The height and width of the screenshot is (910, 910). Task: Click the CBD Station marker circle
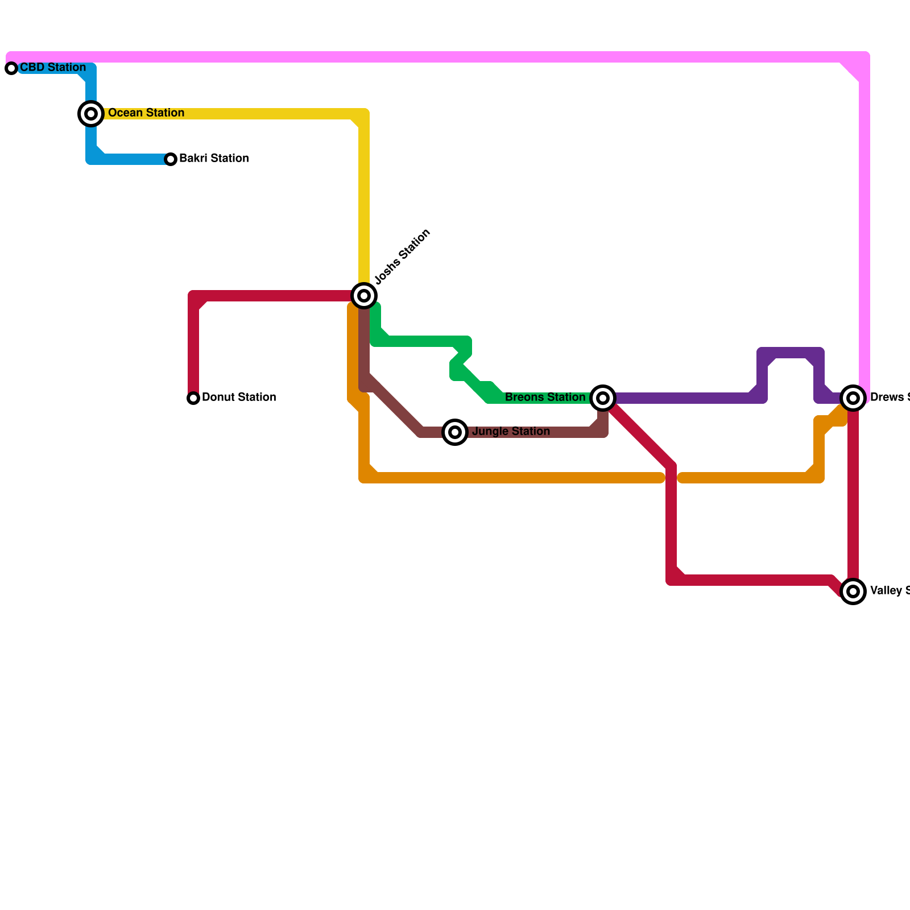11,68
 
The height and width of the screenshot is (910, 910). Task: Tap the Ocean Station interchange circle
91,114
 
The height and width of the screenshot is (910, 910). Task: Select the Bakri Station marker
171,159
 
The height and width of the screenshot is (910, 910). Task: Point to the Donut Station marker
193,398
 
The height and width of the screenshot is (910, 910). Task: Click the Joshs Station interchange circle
364,296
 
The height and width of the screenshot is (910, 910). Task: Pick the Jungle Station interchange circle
455,432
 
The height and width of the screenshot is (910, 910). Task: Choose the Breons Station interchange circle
603,398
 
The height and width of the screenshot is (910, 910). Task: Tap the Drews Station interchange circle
853,398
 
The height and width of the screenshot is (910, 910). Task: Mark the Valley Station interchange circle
853,591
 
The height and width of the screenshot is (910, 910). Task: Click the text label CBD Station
53,68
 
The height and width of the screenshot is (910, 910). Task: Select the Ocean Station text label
146,113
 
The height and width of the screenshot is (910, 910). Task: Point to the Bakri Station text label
214,159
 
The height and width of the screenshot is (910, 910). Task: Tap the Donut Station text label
239,398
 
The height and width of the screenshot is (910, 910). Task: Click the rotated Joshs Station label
403,257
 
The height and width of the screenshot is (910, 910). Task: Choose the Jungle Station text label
511,432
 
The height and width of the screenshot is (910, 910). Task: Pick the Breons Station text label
545,398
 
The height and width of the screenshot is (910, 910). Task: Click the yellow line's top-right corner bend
363,115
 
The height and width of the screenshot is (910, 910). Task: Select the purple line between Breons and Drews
682,398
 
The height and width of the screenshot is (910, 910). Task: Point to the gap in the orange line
672,478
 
